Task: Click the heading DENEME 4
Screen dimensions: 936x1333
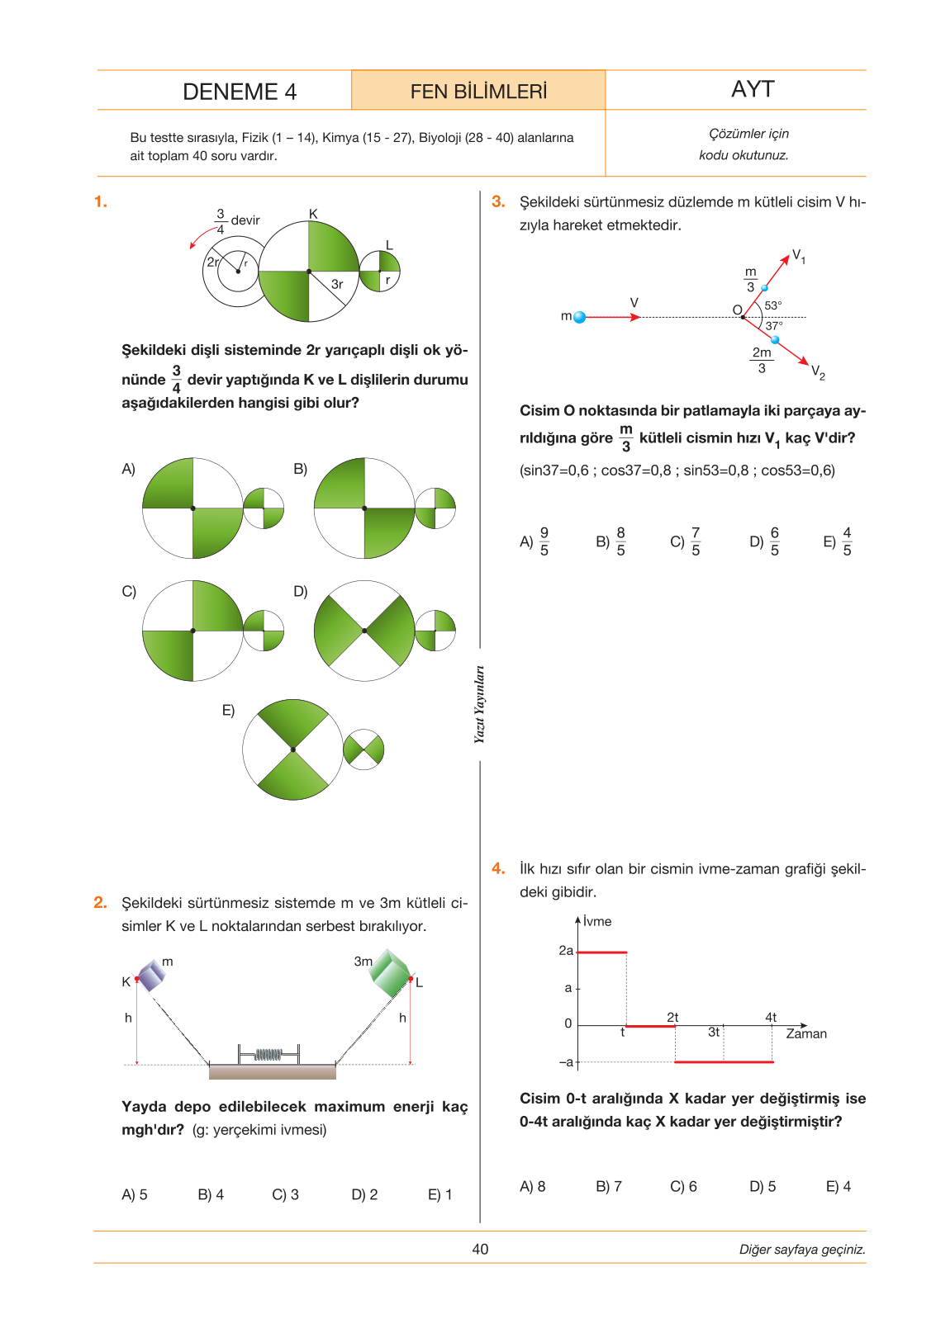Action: click(x=240, y=92)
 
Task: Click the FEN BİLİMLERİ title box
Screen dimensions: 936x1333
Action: click(x=478, y=90)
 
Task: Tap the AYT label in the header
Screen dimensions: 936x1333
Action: click(x=753, y=88)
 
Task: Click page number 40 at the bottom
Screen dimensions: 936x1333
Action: click(x=480, y=1249)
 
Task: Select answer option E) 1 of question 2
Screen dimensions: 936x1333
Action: click(x=439, y=1194)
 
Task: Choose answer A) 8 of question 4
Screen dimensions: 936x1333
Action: click(x=532, y=1186)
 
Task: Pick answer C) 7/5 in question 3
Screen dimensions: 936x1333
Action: click(x=685, y=541)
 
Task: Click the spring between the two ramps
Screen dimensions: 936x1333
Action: click(x=268, y=1055)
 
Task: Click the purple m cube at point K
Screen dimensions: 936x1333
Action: click(x=150, y=975)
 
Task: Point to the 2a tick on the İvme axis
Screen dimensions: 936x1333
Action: click(x=566, y=950)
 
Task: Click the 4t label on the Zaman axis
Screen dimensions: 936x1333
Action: click(x=771, y=1017)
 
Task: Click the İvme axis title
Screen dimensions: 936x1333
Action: click(x=597, y=921)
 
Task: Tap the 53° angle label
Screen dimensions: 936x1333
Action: click(x=772, y=305)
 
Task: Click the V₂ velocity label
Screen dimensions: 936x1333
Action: click(x=818, y=372)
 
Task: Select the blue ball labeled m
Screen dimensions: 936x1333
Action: click(x=579, y=317)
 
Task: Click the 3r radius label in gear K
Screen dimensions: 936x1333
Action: click(x=337, y=285)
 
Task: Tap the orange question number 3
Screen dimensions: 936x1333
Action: click(x=498, y=201)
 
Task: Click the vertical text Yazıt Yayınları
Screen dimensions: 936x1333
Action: click(x=480, y=705)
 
